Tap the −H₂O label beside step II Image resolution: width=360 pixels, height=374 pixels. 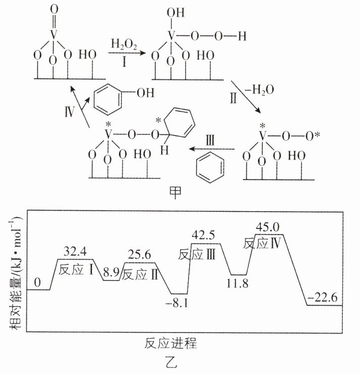(x=262, y=89)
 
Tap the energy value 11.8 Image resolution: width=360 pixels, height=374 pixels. (x=238, y=283)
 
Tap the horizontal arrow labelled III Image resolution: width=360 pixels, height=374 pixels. (x=212, y=149)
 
